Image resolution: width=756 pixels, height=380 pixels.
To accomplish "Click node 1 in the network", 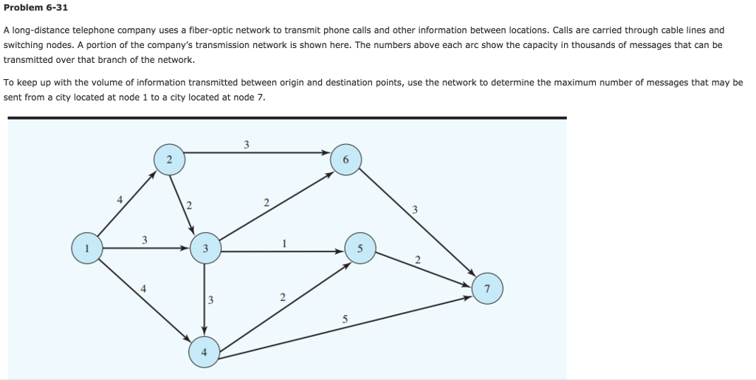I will coord(87,248).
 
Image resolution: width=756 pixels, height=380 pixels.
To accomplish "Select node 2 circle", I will coord(169,160).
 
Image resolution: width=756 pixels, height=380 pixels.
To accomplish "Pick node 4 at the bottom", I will coord(204,353).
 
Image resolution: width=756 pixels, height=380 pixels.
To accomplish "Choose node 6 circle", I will coord(346,160).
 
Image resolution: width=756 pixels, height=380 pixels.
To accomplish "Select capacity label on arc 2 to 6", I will coord(247,143).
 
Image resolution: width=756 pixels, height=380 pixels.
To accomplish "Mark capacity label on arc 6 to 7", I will coord(415,210).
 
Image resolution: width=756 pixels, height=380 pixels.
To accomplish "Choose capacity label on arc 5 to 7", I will coord(418,259).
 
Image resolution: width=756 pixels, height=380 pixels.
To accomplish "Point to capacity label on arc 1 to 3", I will coord(145,240).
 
